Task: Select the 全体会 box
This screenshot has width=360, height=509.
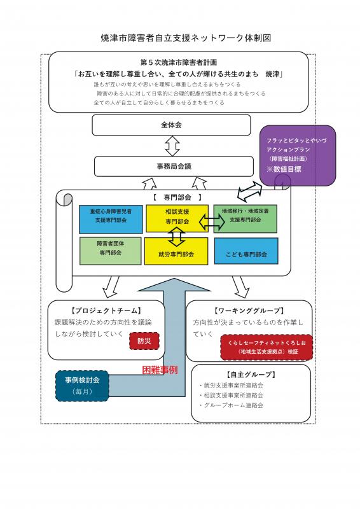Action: pyautogui.click(x=170, y=125)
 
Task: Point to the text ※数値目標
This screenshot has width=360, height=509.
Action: pyautogui.click(x=284, y=170)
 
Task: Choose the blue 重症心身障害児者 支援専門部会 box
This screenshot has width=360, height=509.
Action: pyautogui.click(x=111, y=219)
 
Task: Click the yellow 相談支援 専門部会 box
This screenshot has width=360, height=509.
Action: pyautogui.click(x=177, y=218)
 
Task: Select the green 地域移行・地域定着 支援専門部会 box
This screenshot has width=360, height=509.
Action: pyautogui.click(x=246, y=219)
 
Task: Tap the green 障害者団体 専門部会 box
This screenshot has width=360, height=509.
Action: pyautogui.click(x=110, y=251)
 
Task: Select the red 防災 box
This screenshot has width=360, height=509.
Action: pyautogui.click(x=144, y=342)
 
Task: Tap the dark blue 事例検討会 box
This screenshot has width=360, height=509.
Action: pyautogui.click(x=83, y=386)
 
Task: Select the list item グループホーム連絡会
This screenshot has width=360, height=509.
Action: pyautogui.click(x=233, y=405)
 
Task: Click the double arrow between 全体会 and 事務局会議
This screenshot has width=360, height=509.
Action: pyautogui.click(x=172, y=146)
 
